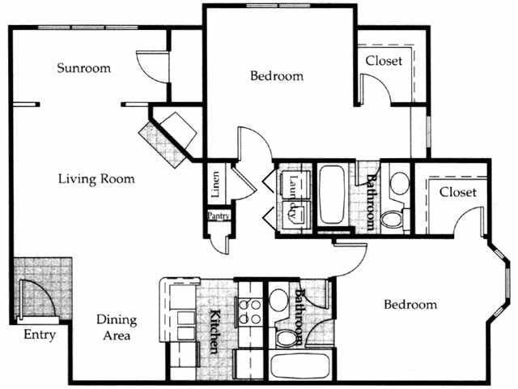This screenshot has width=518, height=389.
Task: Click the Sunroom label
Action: pyautogui.click(x=83, y=68)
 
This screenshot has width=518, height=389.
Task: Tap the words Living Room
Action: pyautogui.click(x=96, y=178)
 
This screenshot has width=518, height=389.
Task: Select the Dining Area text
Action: pyautogui.click(x=113, y=327)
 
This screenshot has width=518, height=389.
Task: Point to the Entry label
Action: pyautogui.click(x=39, y=335)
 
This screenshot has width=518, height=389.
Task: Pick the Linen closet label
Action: pyautogui.click(x=215, y=186)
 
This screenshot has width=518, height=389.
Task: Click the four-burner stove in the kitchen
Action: pyautogui.click(x=249, y=311)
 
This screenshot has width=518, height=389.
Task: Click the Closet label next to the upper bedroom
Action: pyautogui.click(x=384, y=61)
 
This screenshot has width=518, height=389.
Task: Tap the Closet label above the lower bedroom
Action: pyautogui.click(x=457, y=192)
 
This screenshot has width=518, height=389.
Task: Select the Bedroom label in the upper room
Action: pyautogui.click(x=276, y=76)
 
